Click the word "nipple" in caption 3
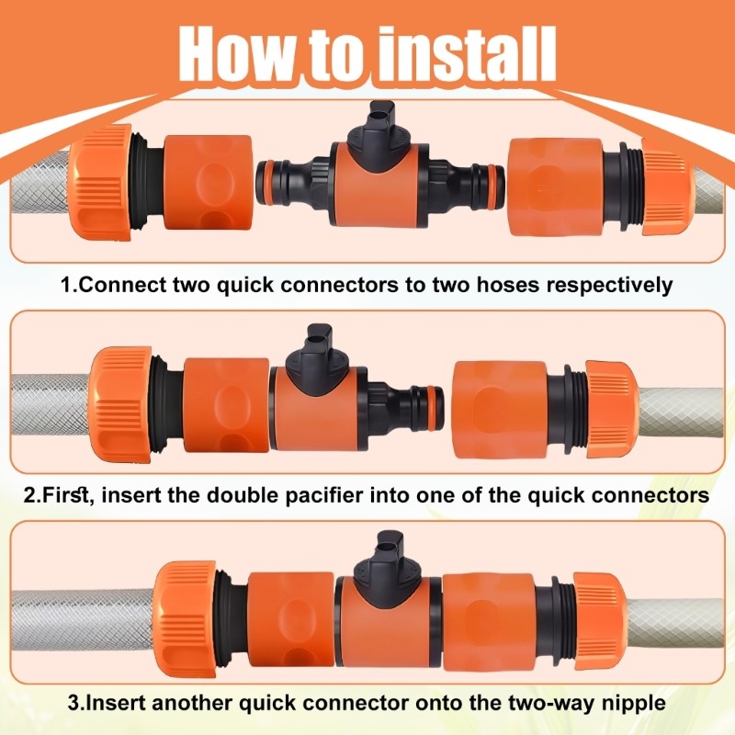pos(634,705)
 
